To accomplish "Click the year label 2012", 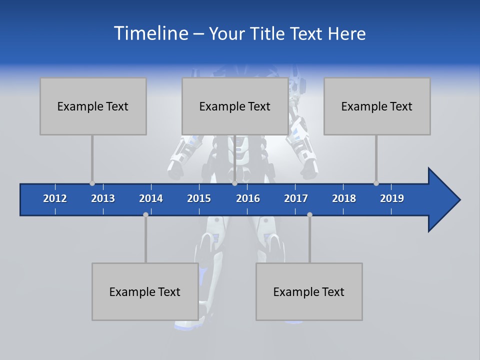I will [55, 198].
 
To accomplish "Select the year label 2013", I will [103, 198].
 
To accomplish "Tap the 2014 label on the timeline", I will [151, 198].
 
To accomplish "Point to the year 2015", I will [199, 198].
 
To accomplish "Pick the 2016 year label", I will [248, 198].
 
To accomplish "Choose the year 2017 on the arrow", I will [296, 198].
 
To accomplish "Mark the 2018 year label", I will [344, 198].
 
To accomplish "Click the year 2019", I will [392, 198].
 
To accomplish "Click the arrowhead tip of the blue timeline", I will [458, 199].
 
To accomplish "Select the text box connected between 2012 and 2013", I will [93, 106].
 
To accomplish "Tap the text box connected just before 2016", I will [235, 106].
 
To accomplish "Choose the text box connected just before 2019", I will [377, 106].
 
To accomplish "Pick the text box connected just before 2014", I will [145, 291].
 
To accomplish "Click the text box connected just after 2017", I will [309, 291].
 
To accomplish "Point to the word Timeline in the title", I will [150, 33].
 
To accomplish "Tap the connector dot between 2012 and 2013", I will [92, 183].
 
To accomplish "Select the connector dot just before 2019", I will [376, 183].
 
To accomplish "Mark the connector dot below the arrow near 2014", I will [145, 214].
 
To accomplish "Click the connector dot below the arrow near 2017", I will [309, 214].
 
